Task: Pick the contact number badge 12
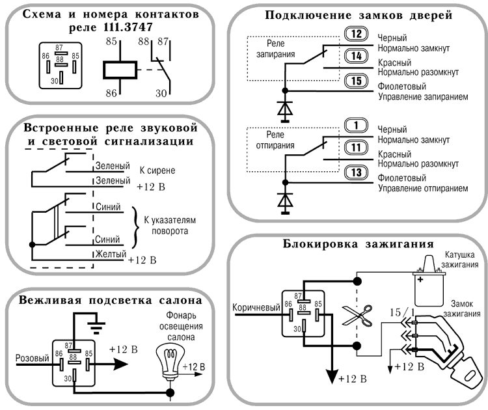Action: click(356, 35)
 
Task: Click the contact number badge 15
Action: click(356, 81)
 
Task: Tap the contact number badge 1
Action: click(356, 126)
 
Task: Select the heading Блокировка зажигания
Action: click(359, 245)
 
